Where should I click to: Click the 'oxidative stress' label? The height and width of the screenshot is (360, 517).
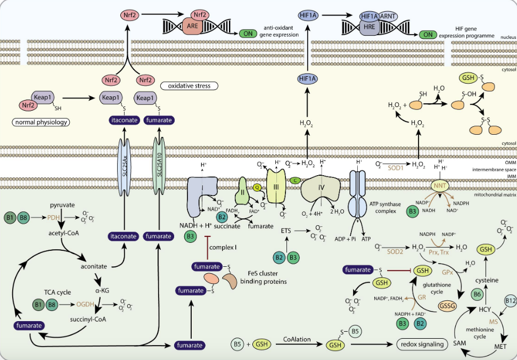(185, 86)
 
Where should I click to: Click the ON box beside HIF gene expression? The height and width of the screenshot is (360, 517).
(428, 35)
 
